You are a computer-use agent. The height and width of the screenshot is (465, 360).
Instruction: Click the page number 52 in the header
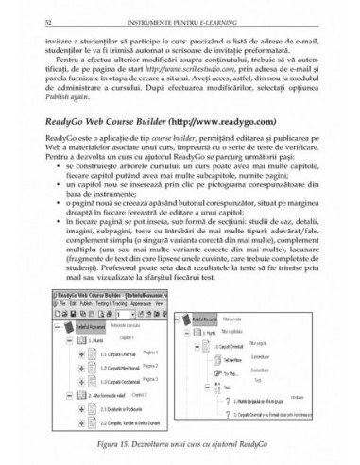[48, 9]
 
